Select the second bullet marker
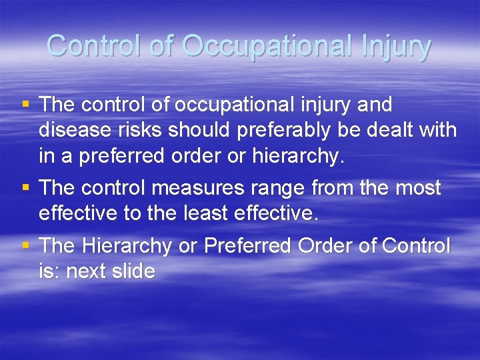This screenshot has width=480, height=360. coord(26,187)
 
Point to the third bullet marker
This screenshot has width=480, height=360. coord(26,245)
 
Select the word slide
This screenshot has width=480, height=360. coord(133,271)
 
